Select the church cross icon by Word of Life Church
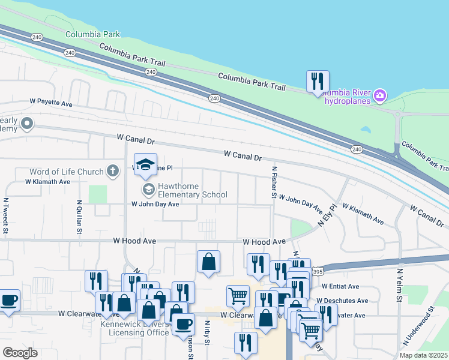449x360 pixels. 112,172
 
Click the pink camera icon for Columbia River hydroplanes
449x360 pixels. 379,95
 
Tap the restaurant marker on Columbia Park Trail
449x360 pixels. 318,82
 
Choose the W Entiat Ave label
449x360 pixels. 340,287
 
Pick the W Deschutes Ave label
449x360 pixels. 342,301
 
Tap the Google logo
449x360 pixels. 20,352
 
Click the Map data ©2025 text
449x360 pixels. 424,355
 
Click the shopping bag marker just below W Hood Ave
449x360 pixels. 208,262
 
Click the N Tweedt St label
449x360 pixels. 5,216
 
